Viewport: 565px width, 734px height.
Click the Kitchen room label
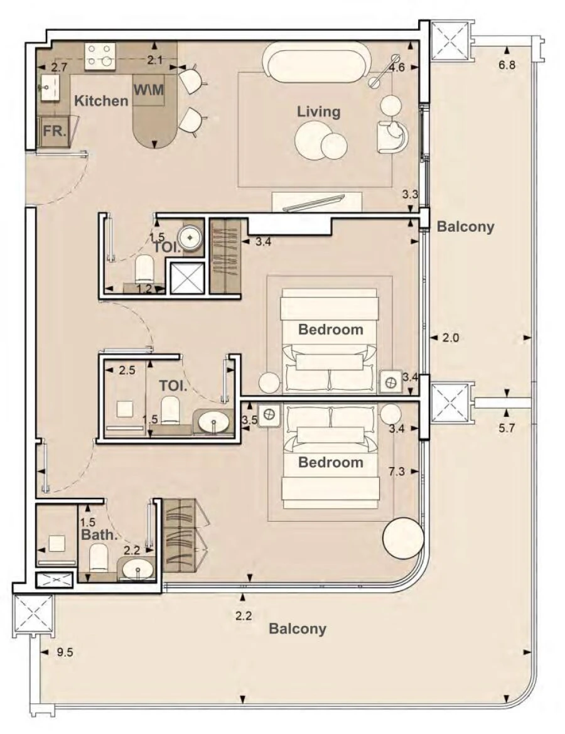[x=101, y=100]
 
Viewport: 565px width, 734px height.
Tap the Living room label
[x=318, y=112]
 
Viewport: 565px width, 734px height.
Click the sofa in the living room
[x=316, y=62]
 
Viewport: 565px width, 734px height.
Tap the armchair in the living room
[x=392, y=136]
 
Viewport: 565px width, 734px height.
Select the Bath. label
[x=99, y=535]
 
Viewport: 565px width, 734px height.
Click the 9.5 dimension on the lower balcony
[x=65, y=652]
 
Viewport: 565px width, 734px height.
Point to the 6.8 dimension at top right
[x=507, y=65]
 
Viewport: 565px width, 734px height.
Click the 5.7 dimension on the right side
[x=506, y=413]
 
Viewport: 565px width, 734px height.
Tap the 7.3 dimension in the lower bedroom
[x=397, y=471]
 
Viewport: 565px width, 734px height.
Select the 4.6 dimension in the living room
[x=396, y=67]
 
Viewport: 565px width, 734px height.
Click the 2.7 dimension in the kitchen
[x=59, y=67]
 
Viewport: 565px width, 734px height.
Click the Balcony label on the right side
[x=465, y=227]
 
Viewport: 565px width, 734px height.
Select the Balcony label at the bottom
[x=298, y=629]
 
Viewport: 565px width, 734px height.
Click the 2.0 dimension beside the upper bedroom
[x=451, y=338]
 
